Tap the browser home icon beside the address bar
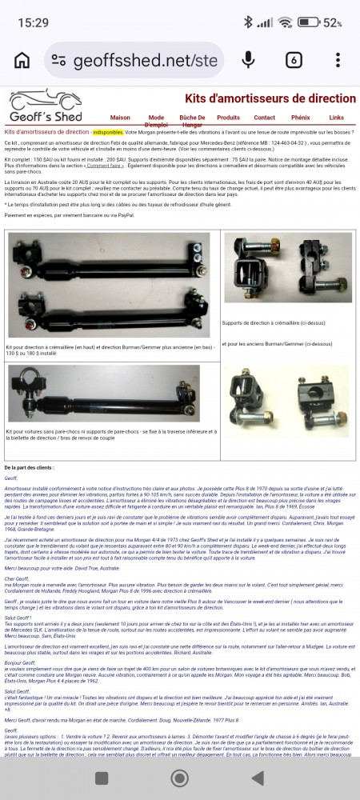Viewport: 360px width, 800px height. pos(22,61)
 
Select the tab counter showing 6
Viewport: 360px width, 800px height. pos(294,60)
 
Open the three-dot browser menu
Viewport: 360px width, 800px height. pos(338,60)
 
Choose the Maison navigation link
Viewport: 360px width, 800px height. pos(120,118)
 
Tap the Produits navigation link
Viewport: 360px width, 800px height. pos(228,118)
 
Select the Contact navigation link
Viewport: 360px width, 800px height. pos(265,118)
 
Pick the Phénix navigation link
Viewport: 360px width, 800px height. pos(301,118)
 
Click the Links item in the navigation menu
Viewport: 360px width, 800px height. pos(336,118)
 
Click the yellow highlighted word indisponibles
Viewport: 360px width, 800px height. pos(108,131)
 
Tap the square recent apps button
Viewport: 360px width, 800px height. pos(102,778)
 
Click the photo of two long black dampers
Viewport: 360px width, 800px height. pos(110,286)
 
